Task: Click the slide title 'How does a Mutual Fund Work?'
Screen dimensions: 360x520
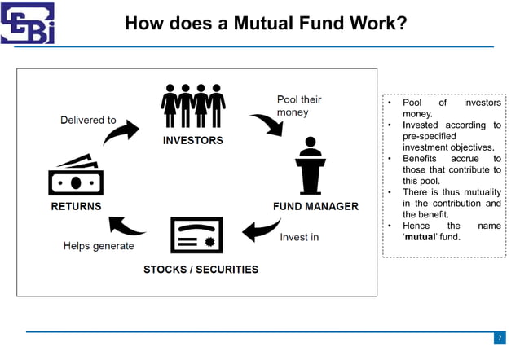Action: (x=266, y=24)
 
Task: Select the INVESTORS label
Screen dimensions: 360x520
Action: (x=193, y=140)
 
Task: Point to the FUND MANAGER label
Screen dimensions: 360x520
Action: (x=315, y=206)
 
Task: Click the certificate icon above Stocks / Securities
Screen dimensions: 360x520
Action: (x=196, y=235)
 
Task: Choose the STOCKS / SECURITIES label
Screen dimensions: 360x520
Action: (x=201, y=269)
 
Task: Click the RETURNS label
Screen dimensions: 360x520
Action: (x=77, y=206)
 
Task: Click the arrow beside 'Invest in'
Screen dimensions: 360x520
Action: (x=262, y=230)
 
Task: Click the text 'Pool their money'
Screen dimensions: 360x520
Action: (x=299, y=106)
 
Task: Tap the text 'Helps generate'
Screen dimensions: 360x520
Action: (x=99, y=246)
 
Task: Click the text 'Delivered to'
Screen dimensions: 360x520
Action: (x=88, y=120)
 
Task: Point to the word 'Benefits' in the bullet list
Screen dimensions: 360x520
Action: (x=421, y=159)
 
